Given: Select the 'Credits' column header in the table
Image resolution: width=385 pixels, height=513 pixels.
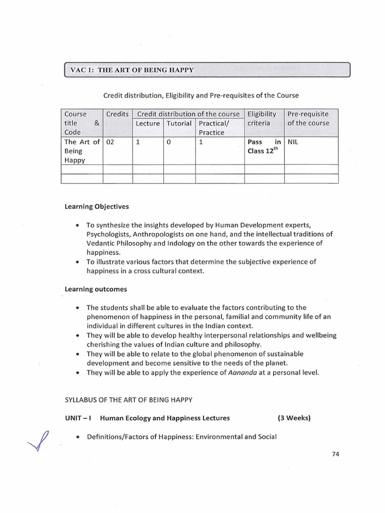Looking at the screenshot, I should click(x=117, y=114).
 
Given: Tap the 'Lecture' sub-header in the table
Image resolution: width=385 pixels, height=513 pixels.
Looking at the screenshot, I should click(x=148, y=123).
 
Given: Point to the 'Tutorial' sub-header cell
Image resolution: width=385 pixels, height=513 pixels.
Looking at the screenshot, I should click(x=179, y=123).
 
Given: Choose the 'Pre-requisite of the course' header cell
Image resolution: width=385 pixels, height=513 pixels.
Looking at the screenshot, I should click(x=308, y=118).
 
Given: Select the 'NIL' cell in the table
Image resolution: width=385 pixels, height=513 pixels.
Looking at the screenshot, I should click(x=292, y=142).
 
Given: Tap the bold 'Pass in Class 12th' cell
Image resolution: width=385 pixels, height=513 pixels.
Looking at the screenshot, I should click(x=264, y=147).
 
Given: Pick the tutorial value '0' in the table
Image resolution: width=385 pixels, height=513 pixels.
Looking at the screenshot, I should click(x=169, y=142).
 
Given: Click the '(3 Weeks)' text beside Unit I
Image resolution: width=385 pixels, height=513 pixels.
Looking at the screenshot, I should click(x=294, y=418).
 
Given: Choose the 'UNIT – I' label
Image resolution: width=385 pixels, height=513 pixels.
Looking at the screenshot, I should click(x=78, y=418).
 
